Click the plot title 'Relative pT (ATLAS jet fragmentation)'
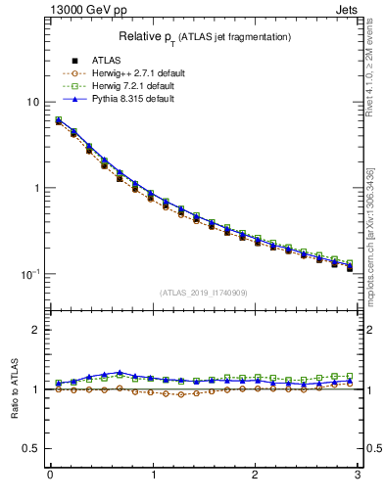coord(204,36)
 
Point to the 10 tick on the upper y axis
coord(33,103)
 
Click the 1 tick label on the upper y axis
coord(36,188)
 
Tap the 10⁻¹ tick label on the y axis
coord(31,274)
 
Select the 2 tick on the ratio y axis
coord(36,330)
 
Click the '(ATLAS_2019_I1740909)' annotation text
coord(204,293)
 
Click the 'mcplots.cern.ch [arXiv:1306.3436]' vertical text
coord(376,225)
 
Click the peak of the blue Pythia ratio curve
coord(120,372)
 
